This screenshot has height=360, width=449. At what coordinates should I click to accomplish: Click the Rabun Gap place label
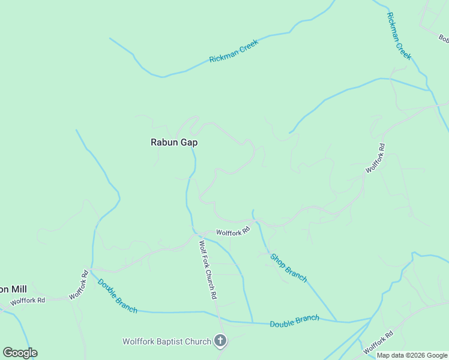point(173,143)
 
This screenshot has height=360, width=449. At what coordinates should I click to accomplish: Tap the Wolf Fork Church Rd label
point(208,270)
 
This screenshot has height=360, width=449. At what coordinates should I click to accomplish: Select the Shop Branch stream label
point(289,268)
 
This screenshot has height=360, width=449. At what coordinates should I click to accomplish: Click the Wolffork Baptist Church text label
point(167,342)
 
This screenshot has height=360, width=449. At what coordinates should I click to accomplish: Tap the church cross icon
point(220,342)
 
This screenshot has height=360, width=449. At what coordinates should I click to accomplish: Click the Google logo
point(20,353)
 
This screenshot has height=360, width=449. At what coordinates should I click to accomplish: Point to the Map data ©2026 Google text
point(412,355)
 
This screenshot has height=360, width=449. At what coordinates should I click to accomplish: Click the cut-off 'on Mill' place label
point(13,289)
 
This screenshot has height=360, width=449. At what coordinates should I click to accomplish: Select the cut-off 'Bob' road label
point(444,39)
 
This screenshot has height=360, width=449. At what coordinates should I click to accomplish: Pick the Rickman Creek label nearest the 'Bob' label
point(399,36)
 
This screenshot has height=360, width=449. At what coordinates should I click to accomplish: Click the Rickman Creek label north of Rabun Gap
point(234,51)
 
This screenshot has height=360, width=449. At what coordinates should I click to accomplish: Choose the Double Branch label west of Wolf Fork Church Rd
point(117,296)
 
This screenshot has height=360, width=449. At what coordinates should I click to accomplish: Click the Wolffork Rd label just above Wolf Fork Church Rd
point(233,232)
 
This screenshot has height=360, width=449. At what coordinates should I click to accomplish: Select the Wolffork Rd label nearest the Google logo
point(28,301)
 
